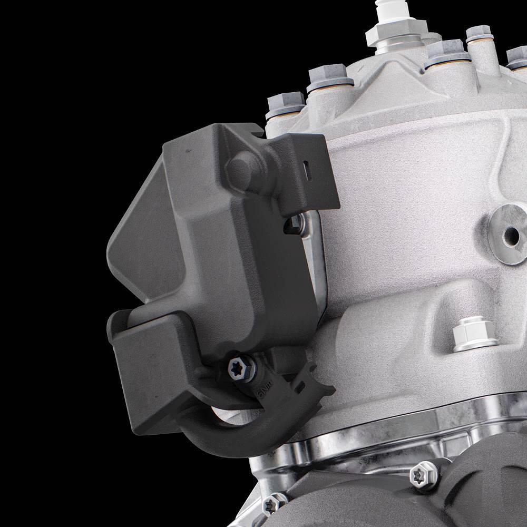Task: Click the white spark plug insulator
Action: click(x=384, y=11)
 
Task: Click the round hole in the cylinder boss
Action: click(x=510, y=233)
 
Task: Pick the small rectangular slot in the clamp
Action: click(x=301, y=389)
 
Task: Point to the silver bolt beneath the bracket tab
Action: click(x=295, y=225)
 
